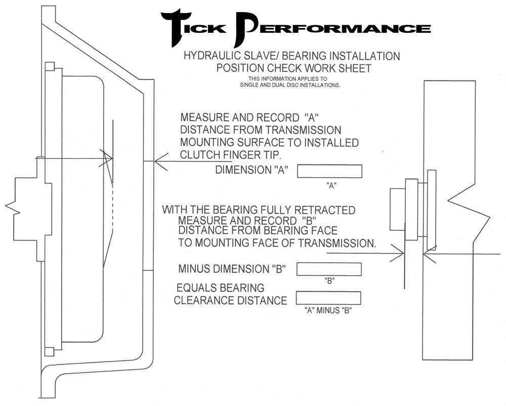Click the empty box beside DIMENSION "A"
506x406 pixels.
(329, 171)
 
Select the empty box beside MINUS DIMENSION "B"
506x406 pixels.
(329, 269)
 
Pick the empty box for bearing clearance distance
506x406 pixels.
(328, 298)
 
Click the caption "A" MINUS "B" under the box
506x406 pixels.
(328, 310)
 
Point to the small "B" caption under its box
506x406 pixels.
(329, 280)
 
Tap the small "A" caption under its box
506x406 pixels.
(331, 185)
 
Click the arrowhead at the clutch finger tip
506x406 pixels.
(108, 158)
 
